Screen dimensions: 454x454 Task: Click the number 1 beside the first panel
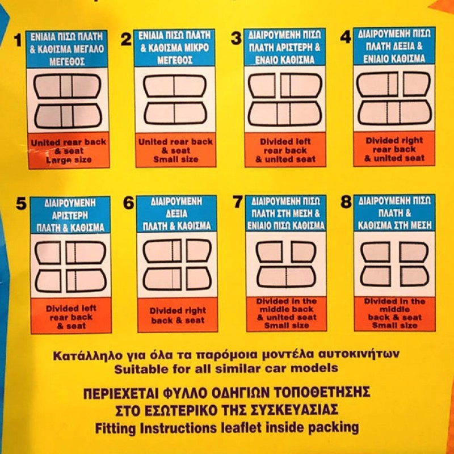(18, 40)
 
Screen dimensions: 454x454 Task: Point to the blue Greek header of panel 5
(70, 215)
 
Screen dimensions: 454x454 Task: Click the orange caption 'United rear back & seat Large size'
(68, 150)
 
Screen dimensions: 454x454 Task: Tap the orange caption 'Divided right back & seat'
(177, 315)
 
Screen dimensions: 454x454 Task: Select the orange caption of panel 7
(286, 313)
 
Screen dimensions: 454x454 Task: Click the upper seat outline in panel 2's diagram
(174, 86)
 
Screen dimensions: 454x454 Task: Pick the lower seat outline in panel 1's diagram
(68, 115)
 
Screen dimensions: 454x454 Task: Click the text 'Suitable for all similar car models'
(226, 368)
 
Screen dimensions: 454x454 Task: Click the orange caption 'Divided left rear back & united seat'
(285, 150)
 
